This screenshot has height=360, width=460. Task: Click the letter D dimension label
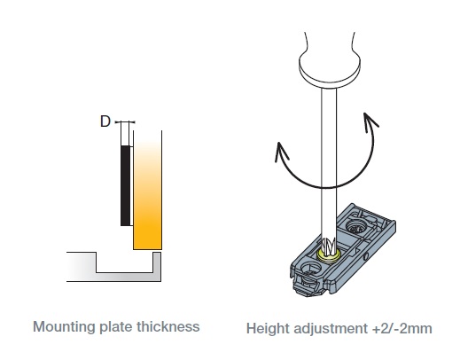[105, 121]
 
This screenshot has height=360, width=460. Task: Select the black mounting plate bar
[125, 185]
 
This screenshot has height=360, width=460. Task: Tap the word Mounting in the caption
[64, 327]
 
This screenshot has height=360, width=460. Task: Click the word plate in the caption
[116, 327]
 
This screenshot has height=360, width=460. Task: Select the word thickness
[168, 326]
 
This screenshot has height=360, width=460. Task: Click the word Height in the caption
[268, 329]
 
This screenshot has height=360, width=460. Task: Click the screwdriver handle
[330, 60]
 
